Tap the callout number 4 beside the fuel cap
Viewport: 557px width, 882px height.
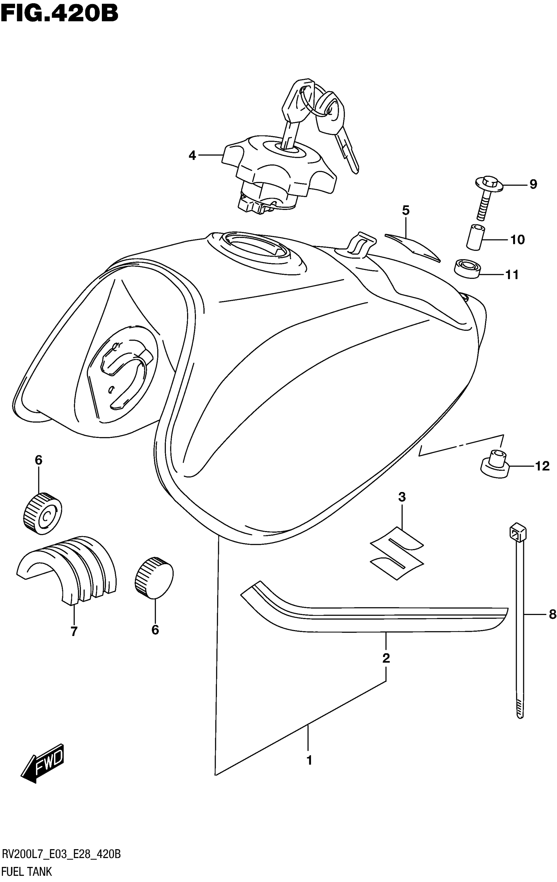(x=192, y=156)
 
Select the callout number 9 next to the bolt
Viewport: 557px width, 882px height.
(x=533, y=184)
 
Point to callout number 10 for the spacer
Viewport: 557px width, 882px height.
(x=517, y=240)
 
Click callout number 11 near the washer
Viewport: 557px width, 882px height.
(x=512, y=275)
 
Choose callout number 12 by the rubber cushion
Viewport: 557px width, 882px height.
(x=542, y=466)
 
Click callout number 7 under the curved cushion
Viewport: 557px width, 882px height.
(x=74, y=631)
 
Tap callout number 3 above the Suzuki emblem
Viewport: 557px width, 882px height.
(x=402, y=497)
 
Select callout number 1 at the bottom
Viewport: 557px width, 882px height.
(x=309, y=761)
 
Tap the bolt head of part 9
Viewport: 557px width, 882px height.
(x=489, y=182)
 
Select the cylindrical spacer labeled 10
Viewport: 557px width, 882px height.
(x=475, y=238)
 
